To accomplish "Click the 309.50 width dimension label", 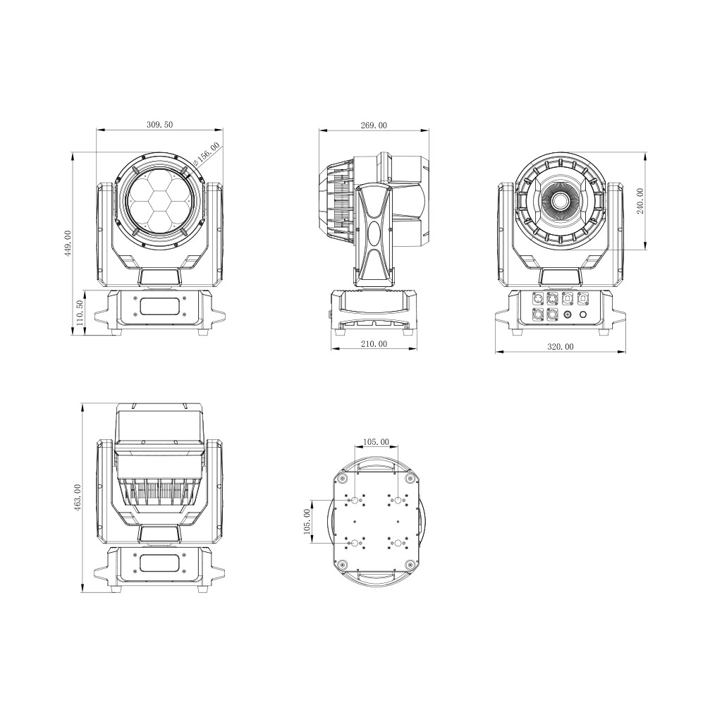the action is pos(159,124).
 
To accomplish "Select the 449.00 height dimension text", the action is pos(68,243).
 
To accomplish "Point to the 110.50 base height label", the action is pos(80,312).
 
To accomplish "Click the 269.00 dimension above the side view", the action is pos(374,125).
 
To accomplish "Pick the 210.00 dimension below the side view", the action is pos(374,343).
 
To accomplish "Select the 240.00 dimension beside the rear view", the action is pos(640,201).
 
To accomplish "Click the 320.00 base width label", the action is pos(561,346).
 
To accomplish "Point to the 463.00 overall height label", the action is pos(78,497).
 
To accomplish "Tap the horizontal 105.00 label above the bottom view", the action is pos(376,442).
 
